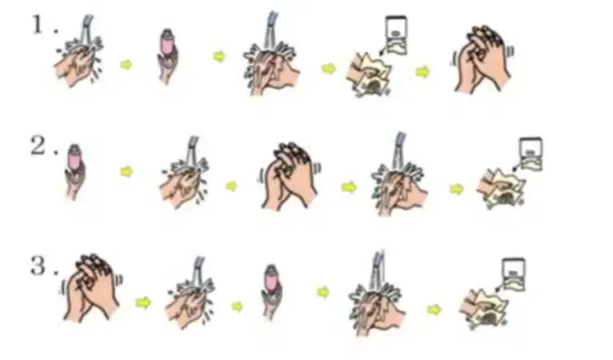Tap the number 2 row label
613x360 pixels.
[x=38, y=146]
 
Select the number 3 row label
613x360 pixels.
[x=38, y=266]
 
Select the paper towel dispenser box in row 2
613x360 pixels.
[x=531, y=154]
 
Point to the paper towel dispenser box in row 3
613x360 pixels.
[x=514, y=274]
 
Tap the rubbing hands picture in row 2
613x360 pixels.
[x=290, y=176]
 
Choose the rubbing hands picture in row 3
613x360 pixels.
[x=90, y=288]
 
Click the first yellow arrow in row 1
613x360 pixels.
[x=126, y=65]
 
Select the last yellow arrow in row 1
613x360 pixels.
[x=423, y=72]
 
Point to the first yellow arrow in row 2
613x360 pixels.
[x=126, y=171]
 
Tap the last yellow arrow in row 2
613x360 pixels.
[x=457, y=189]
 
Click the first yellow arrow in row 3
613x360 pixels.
[x=143, y=302]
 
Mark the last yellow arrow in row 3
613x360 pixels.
[x=434, y=310]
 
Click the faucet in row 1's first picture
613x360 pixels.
[x=86, y=27]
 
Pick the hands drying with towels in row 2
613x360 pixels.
[x=501, y=189]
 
